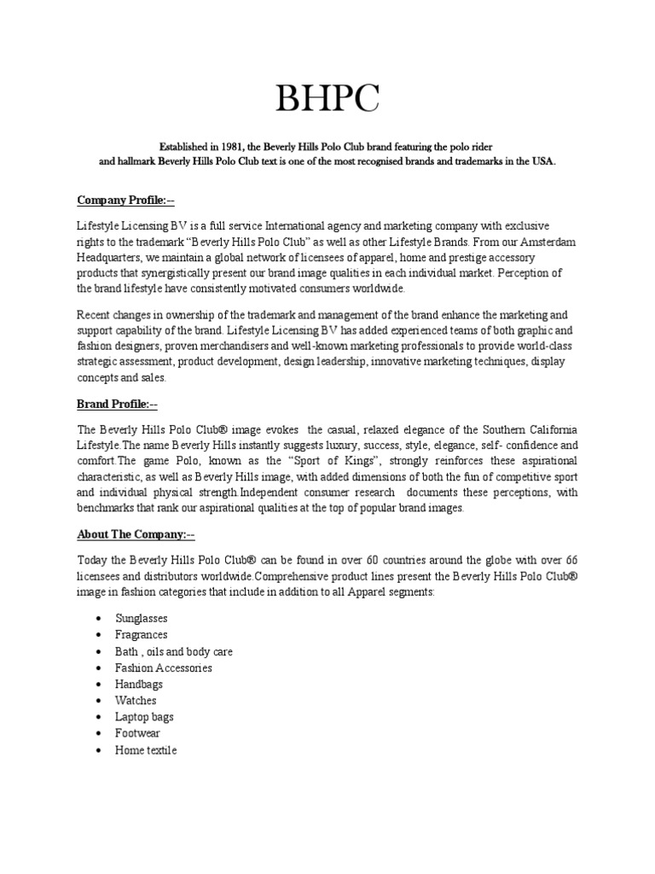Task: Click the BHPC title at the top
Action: tap(327, 101)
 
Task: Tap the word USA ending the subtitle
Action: tap(542, 161)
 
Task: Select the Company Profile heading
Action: tap(125, 201)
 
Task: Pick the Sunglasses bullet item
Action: tap(141, 619)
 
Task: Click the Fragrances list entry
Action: tap(141, 635)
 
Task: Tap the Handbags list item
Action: tap(138, 685)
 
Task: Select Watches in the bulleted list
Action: tap(136, 701)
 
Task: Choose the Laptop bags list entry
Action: tap(143, 717)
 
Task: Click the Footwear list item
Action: tap(137, 733)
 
